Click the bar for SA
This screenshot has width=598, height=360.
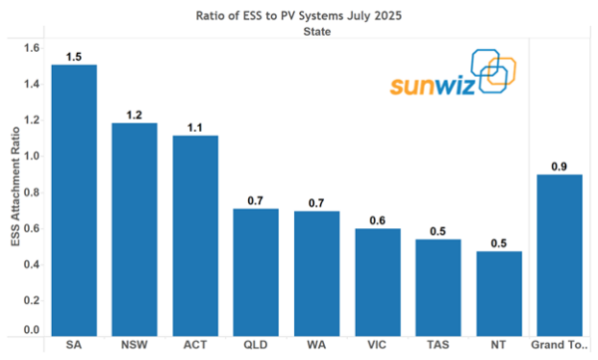[74, 199]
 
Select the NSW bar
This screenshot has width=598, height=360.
[135, 229]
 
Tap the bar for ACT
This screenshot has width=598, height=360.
[195, 235]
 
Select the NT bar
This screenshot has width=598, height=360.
[499, 293]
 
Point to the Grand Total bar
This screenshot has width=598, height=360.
[559, 255]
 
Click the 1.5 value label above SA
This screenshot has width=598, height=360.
[74, 56]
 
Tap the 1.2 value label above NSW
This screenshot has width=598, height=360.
[135, 114]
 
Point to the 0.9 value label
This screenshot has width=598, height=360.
[559, 167]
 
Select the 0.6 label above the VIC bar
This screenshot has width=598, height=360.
[378, 220]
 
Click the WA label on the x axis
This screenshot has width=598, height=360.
[317, 347]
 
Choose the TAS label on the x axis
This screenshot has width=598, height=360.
[439, 347]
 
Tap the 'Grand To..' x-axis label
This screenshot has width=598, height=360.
[560, 347]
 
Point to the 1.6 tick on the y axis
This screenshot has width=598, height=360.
[31, 48]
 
